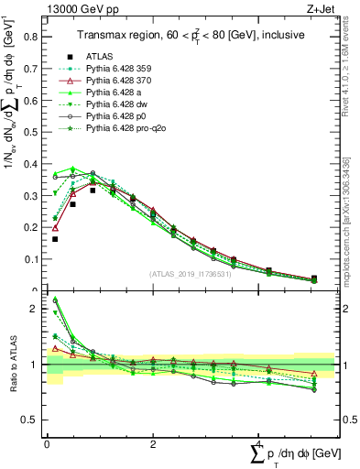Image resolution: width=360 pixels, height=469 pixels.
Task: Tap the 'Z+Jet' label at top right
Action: coord(319,8)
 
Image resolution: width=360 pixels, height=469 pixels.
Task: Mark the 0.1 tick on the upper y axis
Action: coord(31,259)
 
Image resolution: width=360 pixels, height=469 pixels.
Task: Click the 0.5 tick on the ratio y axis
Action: coord(31,420)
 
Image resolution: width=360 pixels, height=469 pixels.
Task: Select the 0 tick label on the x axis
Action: coord(47,444)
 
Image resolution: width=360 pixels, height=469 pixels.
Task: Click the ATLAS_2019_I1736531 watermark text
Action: coord(191,274)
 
